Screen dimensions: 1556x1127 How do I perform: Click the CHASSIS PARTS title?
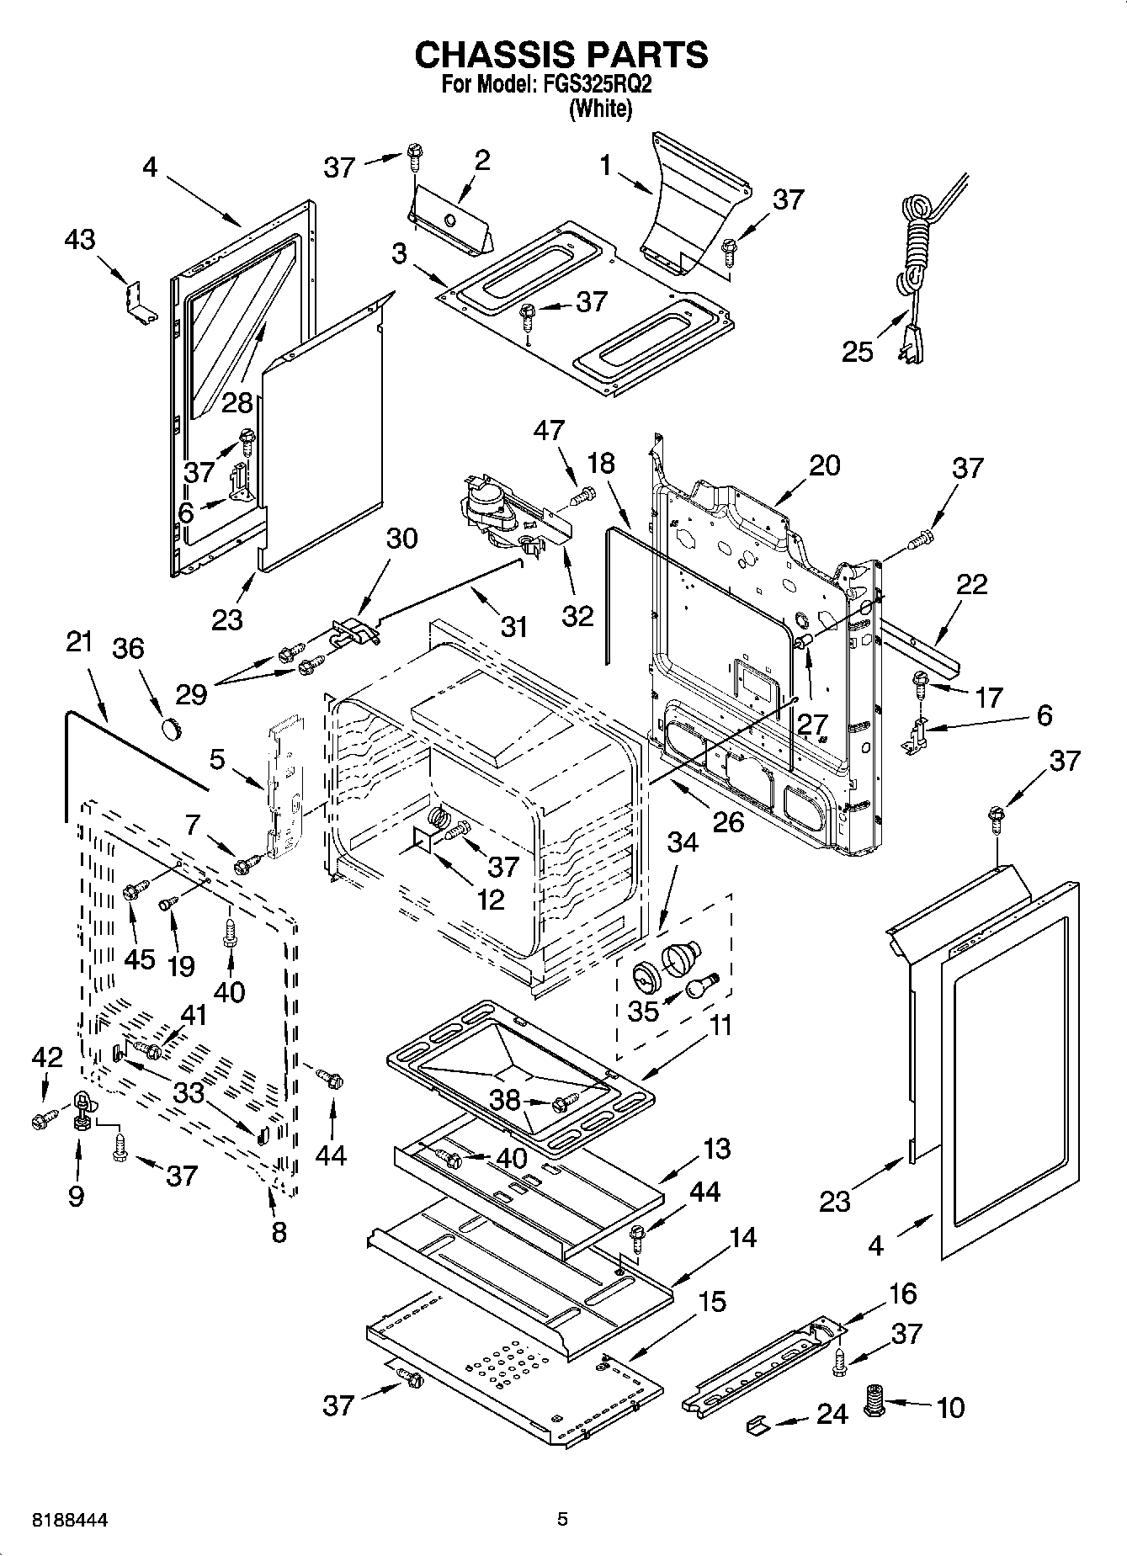(561, 55)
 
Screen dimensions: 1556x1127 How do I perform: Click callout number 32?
(577, 616)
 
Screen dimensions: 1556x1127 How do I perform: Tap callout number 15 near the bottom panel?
(711, 1302)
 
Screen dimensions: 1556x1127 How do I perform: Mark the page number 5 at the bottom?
(563, 1519)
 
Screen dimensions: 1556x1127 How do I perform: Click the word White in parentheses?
(600, 109)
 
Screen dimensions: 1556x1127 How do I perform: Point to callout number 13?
(716, 1148)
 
